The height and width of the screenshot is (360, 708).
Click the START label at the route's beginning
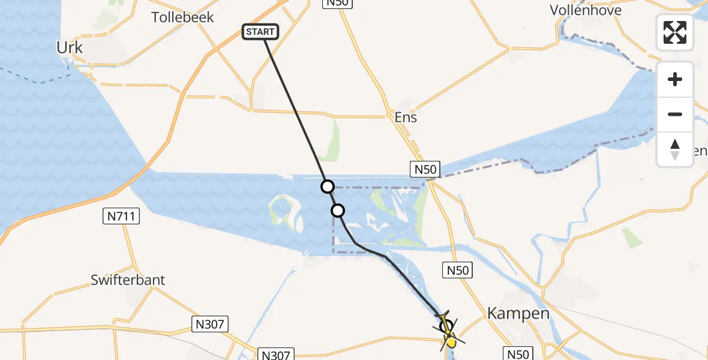coord(260,32)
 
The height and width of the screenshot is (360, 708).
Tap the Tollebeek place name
coord(182,17)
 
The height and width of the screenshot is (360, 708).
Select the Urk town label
coord(69,47)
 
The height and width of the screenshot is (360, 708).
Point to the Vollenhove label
coord(586,10)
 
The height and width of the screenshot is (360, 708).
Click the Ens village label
coord(406,117)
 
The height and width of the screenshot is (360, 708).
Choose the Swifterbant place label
coord(128,280)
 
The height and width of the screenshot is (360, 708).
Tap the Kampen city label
coord(510,313)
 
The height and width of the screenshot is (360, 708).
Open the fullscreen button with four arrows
coord(675,32)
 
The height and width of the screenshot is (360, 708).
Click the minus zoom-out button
coord(675,114)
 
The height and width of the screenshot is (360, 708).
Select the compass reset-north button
coord(675,149)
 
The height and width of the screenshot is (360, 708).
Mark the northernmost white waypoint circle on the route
coord(327,187)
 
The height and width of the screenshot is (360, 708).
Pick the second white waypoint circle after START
coord(338,211)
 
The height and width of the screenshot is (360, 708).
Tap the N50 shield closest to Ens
coord(424,169)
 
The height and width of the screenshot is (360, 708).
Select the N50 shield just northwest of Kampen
coord(458,271)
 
